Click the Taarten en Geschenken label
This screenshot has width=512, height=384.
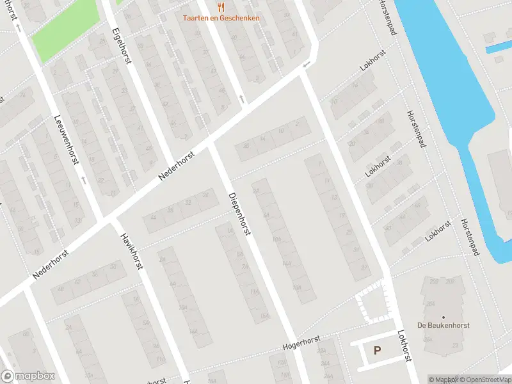tap(221, 18)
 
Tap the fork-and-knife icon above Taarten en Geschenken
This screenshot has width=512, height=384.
tap(221, 7)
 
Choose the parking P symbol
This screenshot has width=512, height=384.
tap(377, 350)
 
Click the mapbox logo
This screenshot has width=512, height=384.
tap(28, 376)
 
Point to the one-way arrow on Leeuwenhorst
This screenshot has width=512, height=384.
tap(83, 180)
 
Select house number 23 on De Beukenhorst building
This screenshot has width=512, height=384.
tap(456, 346)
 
